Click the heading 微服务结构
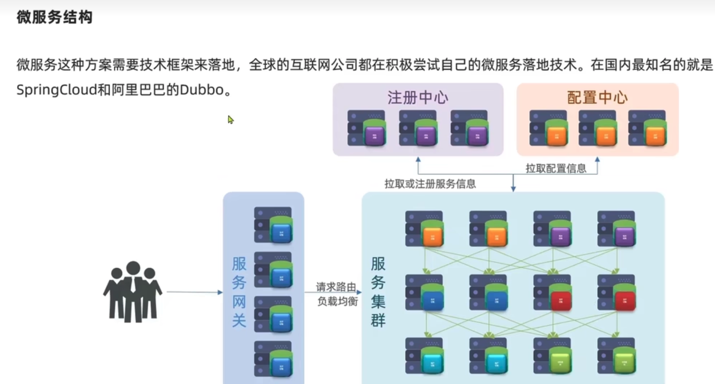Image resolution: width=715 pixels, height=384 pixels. pyautogui.click(x=54, y=18)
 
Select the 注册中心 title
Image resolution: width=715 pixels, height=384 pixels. pyautogui.click(x=417, y=98)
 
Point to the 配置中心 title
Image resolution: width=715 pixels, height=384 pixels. pyautogui.click(x=598, y=98)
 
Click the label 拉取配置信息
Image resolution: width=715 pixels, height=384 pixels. pyautogui.click(x=556, y=168)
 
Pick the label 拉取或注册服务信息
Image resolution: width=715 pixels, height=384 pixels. pyautogui.click(x=429, y=184)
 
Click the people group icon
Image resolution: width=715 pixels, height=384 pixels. pyautogui.click(x=132, y=291)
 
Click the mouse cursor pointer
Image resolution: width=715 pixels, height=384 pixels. pyautogui.click(x=231, y=119)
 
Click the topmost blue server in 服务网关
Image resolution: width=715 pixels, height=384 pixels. pyautogui.click(x=273, y=225)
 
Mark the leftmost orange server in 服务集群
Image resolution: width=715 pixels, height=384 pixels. pyautogui.click(x=424, y=228)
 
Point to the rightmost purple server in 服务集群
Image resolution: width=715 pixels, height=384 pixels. pyautogui.click(x=616, y=228)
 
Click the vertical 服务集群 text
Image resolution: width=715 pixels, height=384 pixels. pyautogui.click(x=378, y=292)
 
